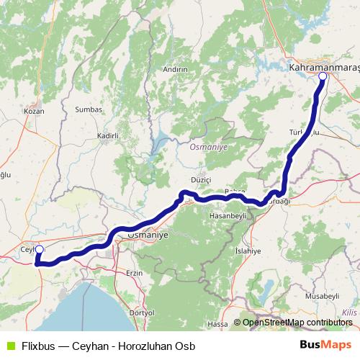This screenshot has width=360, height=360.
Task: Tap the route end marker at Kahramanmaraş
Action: (323, 76)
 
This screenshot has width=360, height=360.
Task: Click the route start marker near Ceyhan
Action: (39, 250)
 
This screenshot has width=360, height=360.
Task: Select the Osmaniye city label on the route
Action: (147, 235)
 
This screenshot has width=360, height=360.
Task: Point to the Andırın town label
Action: (175, 69)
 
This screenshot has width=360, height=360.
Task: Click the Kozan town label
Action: (34, 111)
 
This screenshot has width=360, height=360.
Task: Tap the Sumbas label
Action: (89, 109)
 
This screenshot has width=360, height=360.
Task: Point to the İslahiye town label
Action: (248, 249)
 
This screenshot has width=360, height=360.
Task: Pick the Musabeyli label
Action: (321, 296)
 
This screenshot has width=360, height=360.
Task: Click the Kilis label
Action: (349, 312)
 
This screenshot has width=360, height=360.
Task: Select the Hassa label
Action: (217, 325)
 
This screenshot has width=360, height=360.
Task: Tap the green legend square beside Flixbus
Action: (9, 345)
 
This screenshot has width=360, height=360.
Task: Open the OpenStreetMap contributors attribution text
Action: (297, 323)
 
